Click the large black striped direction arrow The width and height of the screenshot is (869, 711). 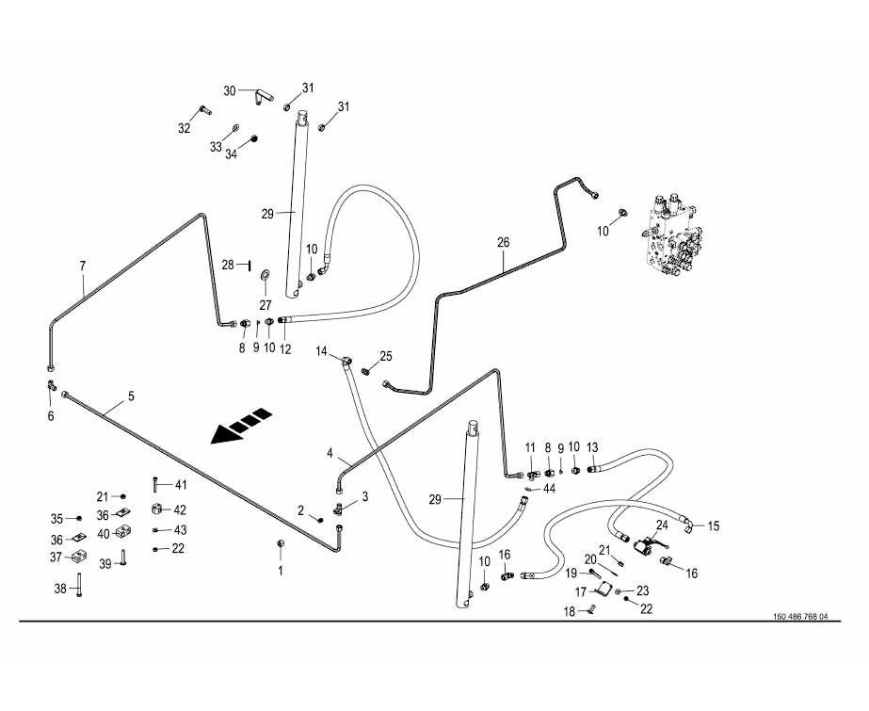(x=242, y=427)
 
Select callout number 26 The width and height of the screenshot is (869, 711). (x=503, y=243)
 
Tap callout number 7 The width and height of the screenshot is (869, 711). (x=83, y=266)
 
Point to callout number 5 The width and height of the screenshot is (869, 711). (x=132, y=396)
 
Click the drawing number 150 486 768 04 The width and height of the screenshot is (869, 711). (x=800, y=617)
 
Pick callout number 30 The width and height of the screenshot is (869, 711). (x=230, y=91)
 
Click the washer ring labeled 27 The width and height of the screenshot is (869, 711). (x=265, y=275)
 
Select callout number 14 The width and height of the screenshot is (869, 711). (x=322, y=351)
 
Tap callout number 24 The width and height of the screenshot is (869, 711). (x=662, y=525)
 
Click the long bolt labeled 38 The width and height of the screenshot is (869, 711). (x=79, y=585)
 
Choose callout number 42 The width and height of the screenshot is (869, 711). (x=180, y=509)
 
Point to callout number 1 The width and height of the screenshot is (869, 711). (x=281, y=571)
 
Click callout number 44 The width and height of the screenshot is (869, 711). (x=549, y=489)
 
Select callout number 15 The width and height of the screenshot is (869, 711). (x=714, y=525)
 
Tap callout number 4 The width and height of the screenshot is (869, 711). (x=330, y=453)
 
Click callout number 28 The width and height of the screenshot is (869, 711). (x=228, y=265)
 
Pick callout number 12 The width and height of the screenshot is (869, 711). (x=285, y=349)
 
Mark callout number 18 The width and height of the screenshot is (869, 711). (x=570, y=612)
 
